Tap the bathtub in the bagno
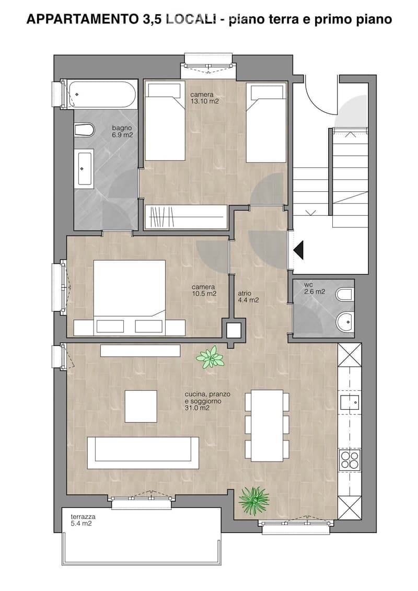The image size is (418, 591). pyautogui.click(x=102, y=95)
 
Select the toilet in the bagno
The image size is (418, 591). pyautogui.click(x=84, y=130)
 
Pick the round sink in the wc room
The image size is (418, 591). pyautogui.click(x=344, y=322)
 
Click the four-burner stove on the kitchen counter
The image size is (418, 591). pyautogui.click(x=350, y=460)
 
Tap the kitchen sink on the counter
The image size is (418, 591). pyautogui.click(x=350, y=402)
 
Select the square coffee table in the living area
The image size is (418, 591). pyautogui.click(x=141, y=407)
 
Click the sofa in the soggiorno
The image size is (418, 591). pyautogui.click(x=143, y=453)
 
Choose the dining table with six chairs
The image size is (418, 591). pyautogui.click(x=267, y=426)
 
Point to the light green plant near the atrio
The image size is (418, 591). pyautogui.click(x=210, y=357)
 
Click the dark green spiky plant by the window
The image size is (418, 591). pyautogui.click(x=254, y=500)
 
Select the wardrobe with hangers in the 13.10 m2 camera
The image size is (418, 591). pyautogui.click(x=186, y=217)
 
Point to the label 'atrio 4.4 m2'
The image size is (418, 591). pyautogui.click(x=248, y=297)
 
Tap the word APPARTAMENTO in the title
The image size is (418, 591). pyautogui.click(x=83, y=19)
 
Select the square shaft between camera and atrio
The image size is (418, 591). pyautogui.click(x=234, y=331)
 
